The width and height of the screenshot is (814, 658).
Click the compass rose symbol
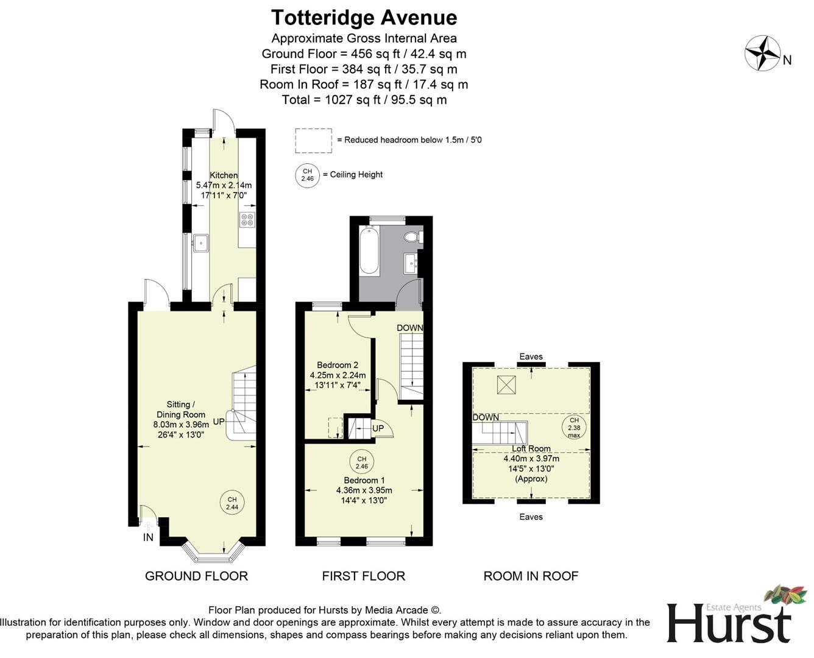pos(762,54)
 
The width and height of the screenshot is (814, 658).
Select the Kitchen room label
pos(224,175)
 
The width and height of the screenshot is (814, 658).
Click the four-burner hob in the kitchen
pos(247,220)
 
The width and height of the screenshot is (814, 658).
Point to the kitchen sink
pos(200,244)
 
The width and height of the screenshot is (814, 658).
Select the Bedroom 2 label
pos(338,365)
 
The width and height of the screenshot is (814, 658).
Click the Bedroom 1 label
pos(364,480)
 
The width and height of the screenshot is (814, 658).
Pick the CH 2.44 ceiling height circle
pos(232,503)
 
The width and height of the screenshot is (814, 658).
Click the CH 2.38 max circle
pos(574,428)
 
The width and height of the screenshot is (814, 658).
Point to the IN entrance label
pos(148,537)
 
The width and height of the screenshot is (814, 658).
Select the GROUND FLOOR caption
pos(196,576)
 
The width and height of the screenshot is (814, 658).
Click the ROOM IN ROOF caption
pos(531,576)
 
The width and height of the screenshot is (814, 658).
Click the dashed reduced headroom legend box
pos(313,140)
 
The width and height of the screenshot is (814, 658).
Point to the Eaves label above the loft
pos(531,356)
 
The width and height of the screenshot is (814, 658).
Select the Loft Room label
pos(531,449)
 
